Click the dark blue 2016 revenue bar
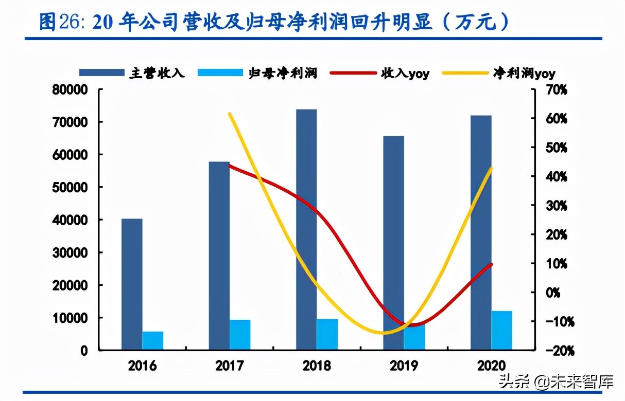point(132,284)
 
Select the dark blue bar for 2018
point(306,229)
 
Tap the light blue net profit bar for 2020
point(501,330)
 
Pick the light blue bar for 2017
point(240,335)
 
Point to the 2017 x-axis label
point(229,366)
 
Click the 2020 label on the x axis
point(491,366)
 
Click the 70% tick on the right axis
point(556,90)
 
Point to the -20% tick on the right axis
point(556,351)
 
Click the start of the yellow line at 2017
point(230,114)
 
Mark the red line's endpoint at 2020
point(492,264)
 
